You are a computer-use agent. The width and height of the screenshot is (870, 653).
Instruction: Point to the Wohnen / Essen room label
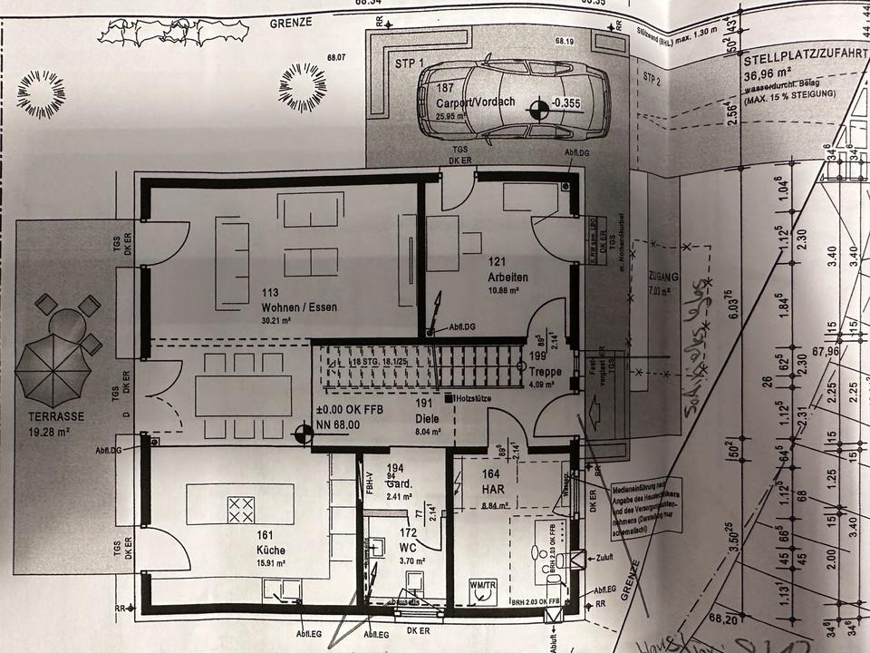(298, 307)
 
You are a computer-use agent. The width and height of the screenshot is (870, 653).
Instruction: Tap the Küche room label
(271, 550)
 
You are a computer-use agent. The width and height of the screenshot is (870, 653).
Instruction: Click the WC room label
(409, 548)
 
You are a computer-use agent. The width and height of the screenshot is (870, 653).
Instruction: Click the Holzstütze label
(471, 398)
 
